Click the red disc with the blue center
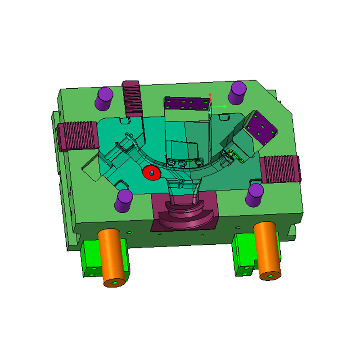tap(152, 172)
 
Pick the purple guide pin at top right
tap(237, 93)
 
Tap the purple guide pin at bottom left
tap(123, 201)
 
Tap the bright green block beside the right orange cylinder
tap(243, 256)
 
